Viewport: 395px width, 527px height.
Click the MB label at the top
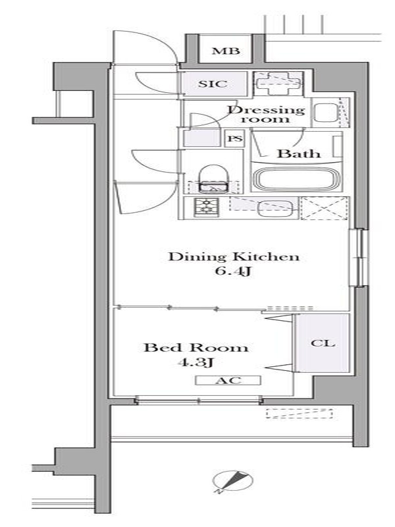pos(226,51)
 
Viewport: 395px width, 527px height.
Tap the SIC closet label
pos(213,84)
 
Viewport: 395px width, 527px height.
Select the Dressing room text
pos(266,114)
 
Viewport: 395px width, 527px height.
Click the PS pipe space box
pos(235,138)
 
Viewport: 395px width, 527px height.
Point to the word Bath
pos(298,153)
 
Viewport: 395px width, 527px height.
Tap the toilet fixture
pos(213,179)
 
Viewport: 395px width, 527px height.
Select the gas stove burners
pos(206,207)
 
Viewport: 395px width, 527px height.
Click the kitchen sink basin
pos(275,208)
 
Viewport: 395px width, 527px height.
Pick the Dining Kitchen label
pos(234,257)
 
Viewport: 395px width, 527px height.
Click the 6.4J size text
pos(233,271)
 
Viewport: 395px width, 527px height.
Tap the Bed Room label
pos(196,347)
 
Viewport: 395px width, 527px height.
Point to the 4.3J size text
pos(196,362)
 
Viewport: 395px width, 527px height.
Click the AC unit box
pos(228,380)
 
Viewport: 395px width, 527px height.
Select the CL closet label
pos(323,343)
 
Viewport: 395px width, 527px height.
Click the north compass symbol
pos(232,481)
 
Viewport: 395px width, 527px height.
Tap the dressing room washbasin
pos(326,113)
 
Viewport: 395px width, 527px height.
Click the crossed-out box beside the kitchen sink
pos(324,208)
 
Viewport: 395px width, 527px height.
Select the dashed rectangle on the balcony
pos(300,414)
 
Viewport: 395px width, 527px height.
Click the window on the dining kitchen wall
pos(358,258)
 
